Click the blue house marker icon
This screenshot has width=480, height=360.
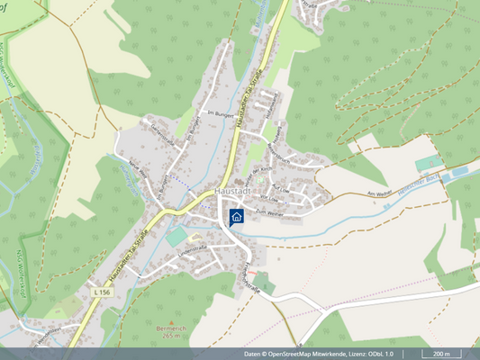[237, 216]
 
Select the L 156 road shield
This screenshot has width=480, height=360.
[101, 292]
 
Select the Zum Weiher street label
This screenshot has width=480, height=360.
[269, 212]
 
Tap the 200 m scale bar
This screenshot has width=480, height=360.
[440, 354]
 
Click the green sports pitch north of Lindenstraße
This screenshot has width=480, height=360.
[177, 234]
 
